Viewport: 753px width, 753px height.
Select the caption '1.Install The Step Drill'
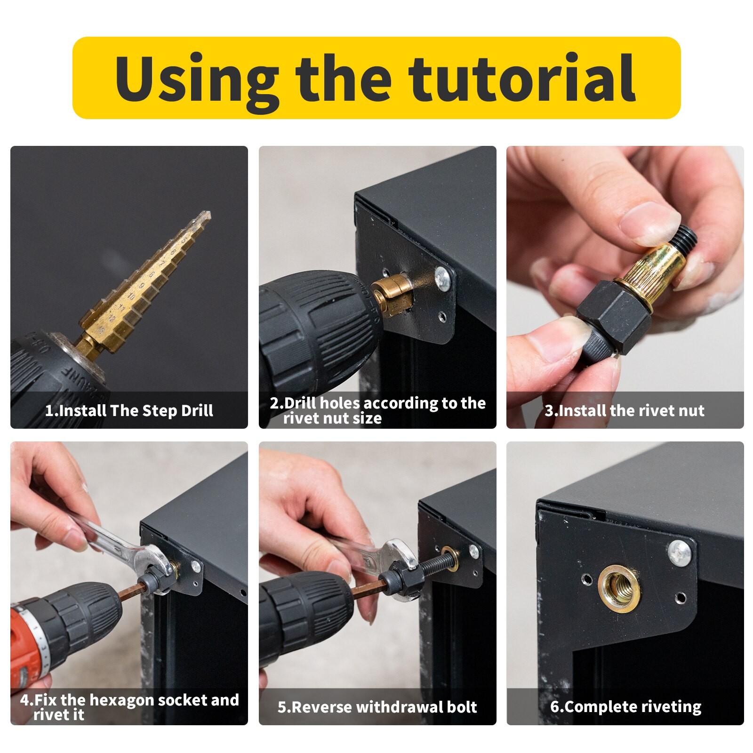tap(129, 410)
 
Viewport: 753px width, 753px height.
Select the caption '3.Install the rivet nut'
tap(625, 410)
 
